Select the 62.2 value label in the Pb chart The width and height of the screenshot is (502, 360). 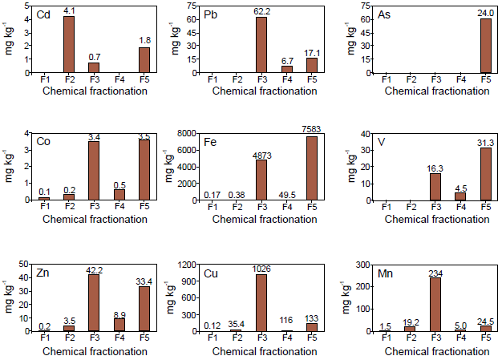(x=261, y=11)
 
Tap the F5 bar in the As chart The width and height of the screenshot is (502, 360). (x=485, y=46)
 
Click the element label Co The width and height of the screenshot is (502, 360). (x=44, y=142)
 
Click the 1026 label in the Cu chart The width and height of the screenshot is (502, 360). (x=261, y=269)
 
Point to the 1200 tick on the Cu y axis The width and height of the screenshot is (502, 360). (x=188, y=265)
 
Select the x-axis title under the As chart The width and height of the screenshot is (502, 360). (x=435, y=91)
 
